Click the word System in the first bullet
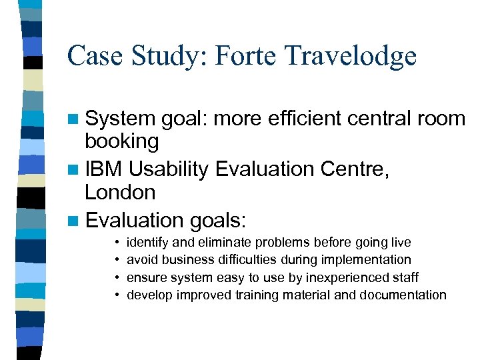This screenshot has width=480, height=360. click(x=120, y=119)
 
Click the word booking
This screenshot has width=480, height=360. click(x=121, y=141)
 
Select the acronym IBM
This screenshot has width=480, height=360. click(x=104, y=169)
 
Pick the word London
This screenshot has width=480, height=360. click(x=119, y=193)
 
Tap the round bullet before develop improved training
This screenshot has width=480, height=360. click(x=117, y=295)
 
